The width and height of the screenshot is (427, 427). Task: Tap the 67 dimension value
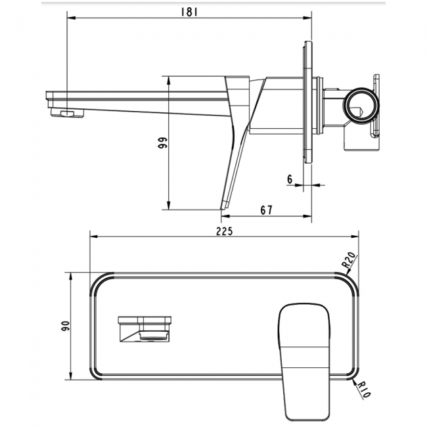[265, 210]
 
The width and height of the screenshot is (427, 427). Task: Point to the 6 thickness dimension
[290, 179]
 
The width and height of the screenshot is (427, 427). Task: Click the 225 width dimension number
[225, 231]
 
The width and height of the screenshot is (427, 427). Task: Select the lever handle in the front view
[302, 355]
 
